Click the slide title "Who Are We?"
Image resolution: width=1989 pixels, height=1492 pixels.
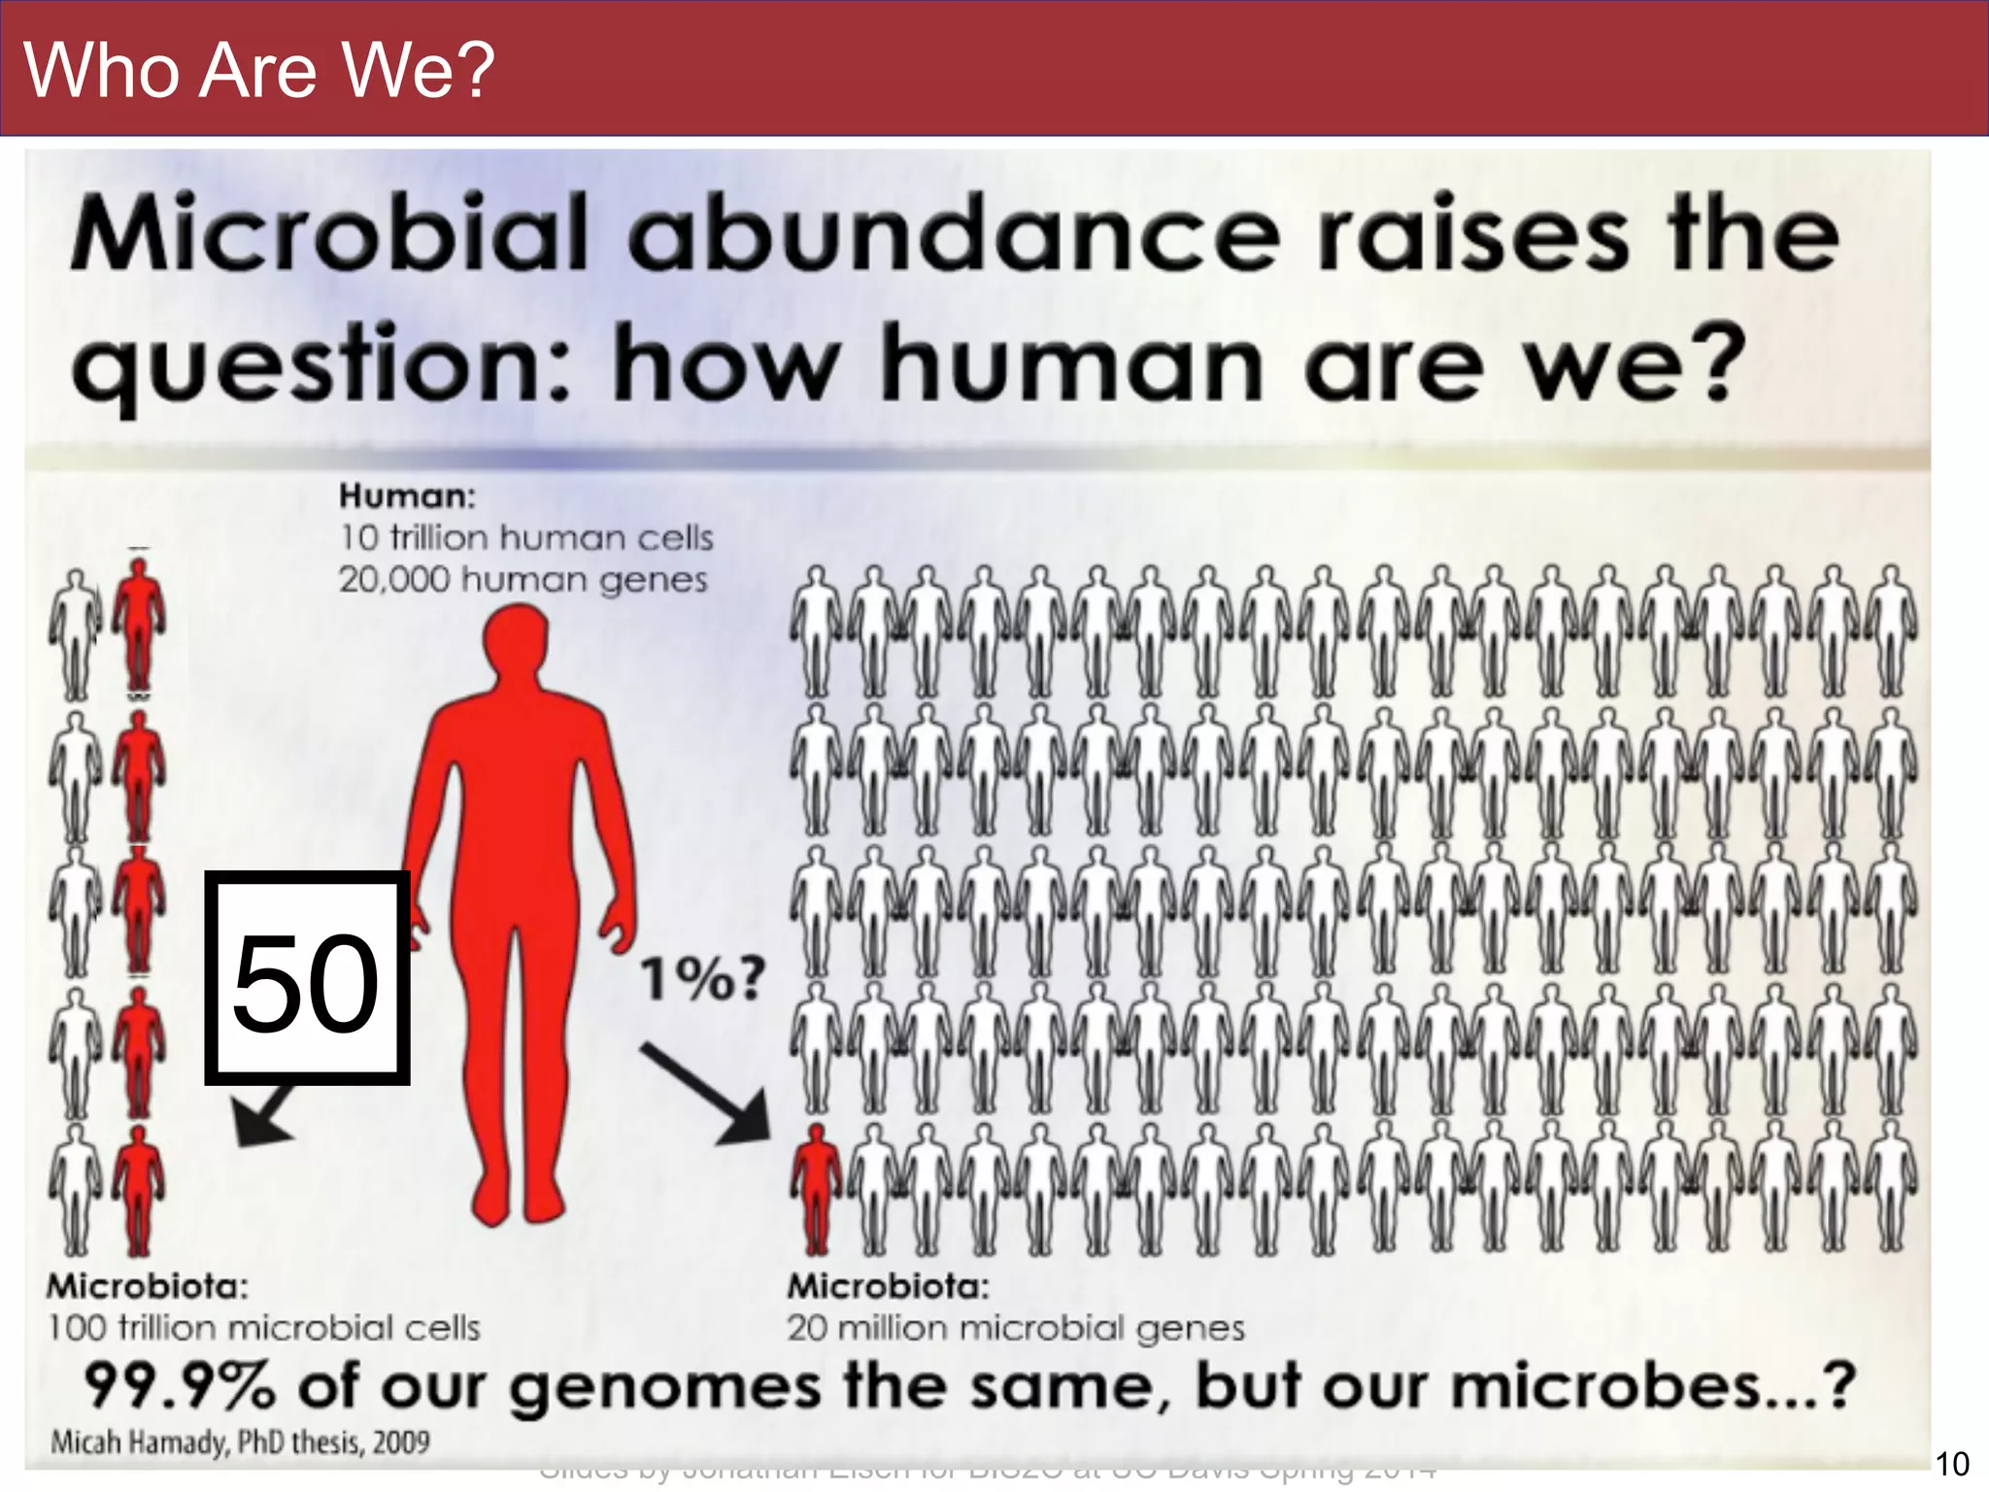click(x=259, y=70)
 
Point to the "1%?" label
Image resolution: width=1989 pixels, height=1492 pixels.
click(x=703, y=978)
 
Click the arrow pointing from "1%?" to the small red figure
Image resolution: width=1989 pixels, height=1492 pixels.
click(x=706, y=1093)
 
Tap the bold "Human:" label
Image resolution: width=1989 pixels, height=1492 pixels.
click(x=407, y=496)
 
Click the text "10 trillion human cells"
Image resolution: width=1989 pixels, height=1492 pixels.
click(x=525, y=537)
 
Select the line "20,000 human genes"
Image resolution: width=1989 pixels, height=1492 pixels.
click(x=523, y=580)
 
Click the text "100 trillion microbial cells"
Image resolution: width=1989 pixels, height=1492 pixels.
click(x=263, y=1328)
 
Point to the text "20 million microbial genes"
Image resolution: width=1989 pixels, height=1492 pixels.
click(x=1015, y=1328)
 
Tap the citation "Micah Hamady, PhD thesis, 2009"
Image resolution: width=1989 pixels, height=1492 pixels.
click(x=240, y=1441)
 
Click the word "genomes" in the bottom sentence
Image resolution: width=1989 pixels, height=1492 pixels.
click(x=665, y=1387)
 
